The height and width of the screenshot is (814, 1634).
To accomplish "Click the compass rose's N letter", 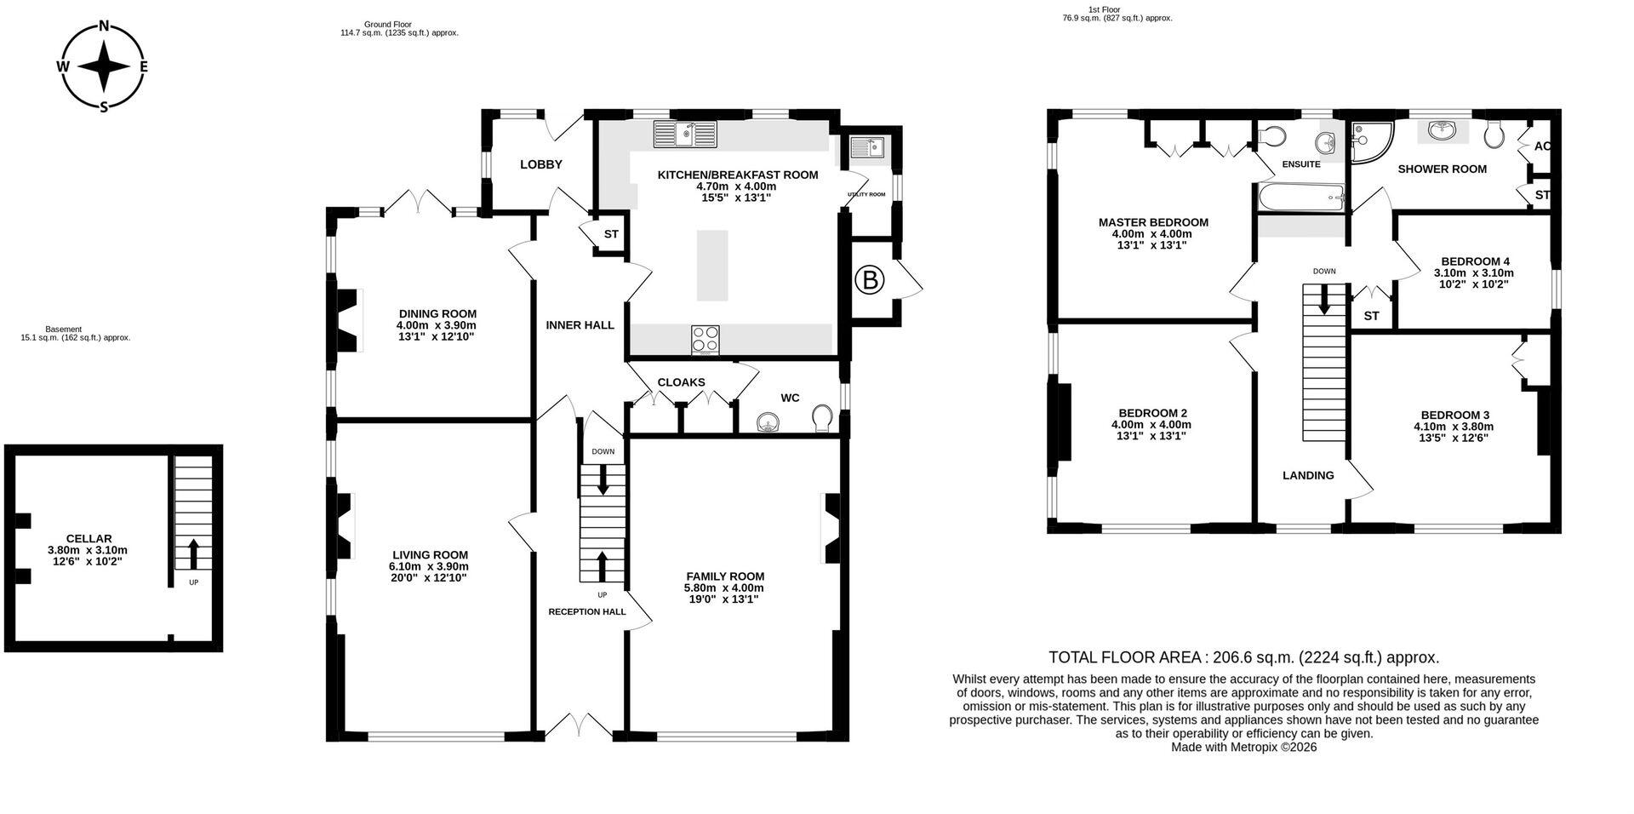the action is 104,26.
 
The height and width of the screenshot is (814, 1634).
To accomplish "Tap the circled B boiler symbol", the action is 869,280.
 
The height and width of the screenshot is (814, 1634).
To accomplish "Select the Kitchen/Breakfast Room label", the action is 738,175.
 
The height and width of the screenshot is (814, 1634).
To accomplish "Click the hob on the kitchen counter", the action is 706,339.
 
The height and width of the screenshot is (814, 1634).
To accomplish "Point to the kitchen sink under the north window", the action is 685,134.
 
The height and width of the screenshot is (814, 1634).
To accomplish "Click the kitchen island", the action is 712,265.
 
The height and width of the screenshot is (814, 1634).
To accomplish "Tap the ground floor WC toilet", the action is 822,418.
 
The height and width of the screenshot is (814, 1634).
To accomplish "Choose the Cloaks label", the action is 681,382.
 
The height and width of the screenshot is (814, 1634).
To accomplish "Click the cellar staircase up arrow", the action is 193,553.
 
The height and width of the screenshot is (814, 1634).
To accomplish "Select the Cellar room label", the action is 89,539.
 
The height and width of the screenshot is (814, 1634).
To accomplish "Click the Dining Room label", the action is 437,313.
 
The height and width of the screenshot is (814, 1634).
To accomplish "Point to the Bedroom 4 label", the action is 1476,261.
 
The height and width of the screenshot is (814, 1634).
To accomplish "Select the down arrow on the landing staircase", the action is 1323,300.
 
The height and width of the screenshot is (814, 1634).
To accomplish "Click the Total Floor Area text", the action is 1244,657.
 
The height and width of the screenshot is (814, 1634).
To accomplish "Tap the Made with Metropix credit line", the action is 1244,747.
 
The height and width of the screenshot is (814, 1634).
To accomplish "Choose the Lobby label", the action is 541,164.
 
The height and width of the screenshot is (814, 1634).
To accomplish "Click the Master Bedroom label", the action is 1153,222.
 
